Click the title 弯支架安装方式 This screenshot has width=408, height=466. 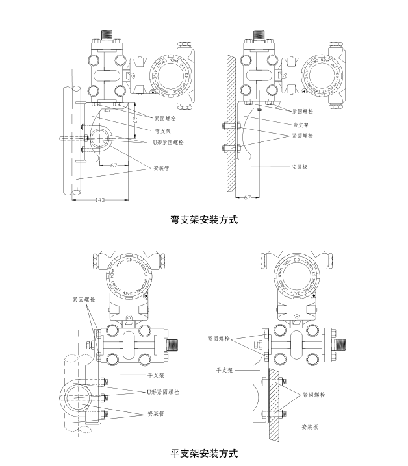click(203, 219)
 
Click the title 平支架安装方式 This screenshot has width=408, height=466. click(203, 453)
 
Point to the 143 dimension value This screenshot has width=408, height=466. click(100, 200)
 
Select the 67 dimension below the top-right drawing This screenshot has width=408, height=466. click(248, 196)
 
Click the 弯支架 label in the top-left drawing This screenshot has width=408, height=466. click(162, 130)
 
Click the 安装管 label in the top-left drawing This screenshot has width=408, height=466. click(162, 168)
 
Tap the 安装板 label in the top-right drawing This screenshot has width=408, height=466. click(300, 167)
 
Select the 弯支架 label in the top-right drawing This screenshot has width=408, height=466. click(300, 124)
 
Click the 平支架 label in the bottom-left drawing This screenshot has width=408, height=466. click(155, 375)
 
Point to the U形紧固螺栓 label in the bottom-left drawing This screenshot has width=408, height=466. click(163, 393)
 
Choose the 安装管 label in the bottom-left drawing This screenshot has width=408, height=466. click(155, 413)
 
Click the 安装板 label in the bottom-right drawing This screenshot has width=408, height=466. click(309, 428)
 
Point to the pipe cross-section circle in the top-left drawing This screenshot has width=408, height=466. click(100, 138)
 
